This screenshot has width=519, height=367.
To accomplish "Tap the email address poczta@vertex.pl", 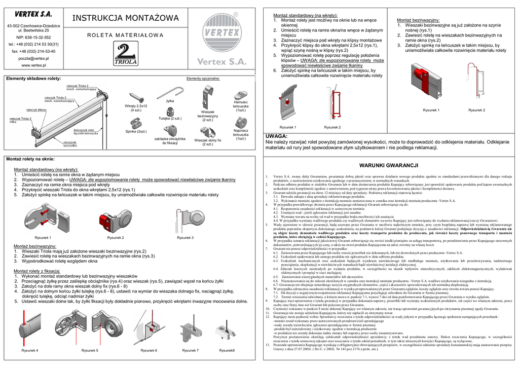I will (x=34, y=58).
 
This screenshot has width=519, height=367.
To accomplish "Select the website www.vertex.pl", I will (x=34, y=65).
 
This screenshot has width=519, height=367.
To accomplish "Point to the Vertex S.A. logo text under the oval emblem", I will (x=221, y=61).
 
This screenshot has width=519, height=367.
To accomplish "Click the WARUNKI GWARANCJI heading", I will (x=387, y=166).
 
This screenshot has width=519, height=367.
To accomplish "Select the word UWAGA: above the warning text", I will (x=277, y=136).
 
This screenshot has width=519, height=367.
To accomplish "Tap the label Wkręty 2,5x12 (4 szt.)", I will (x=136, y=108).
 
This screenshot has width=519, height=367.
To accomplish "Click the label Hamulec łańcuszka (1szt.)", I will (x=241, y=106).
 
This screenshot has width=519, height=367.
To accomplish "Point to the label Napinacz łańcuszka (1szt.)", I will (x=241, y=134).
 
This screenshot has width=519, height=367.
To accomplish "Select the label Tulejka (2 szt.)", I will (x=170, y=118).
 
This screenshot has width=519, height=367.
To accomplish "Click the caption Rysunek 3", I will (x=185, y=237).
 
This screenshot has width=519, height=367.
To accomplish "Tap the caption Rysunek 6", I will (x=149, y=350).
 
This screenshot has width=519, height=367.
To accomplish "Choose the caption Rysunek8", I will (x=227, y=350).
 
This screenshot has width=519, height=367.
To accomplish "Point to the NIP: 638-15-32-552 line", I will (x=33, y=38).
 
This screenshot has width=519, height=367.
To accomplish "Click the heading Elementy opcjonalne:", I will (x=203, y=79).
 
